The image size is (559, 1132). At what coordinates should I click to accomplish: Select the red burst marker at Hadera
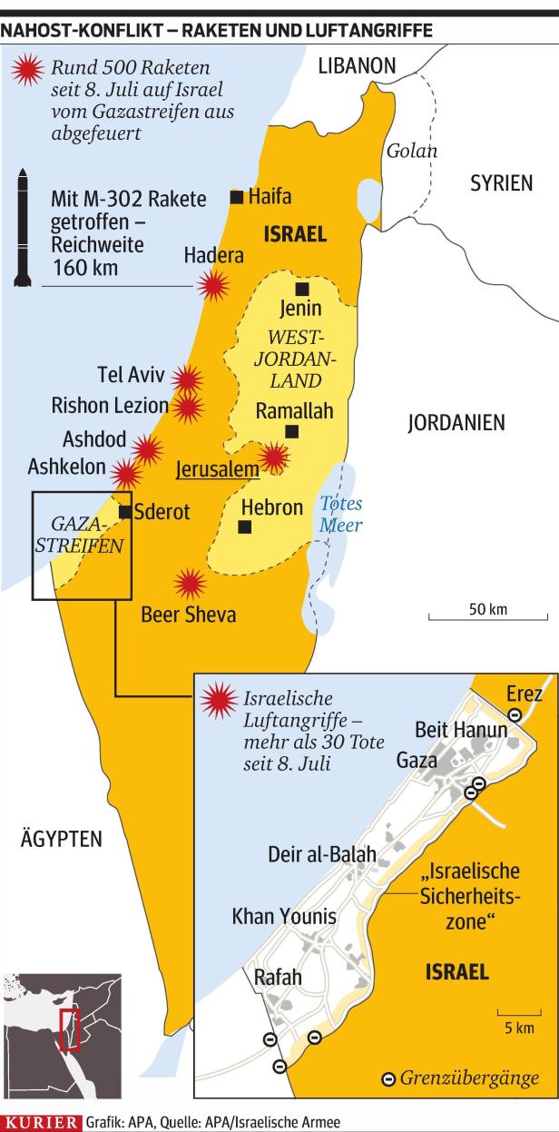tap(213, 287)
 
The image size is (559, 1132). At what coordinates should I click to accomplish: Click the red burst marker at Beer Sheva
tap(190, 584)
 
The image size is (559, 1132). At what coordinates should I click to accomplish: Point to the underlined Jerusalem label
tap(216, 470)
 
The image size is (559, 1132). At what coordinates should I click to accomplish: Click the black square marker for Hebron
tap(244, 527)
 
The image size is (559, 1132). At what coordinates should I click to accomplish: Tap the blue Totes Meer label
tap(340, 515)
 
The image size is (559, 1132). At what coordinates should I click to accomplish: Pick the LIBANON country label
tap(357, 66)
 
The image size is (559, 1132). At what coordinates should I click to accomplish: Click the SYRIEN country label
tap(500, 183)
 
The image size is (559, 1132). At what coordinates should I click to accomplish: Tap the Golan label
tap(411, 152)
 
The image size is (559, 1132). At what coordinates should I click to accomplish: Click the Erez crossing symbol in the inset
tap(514, 714)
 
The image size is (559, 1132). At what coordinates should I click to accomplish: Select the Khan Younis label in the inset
tap(284, 916)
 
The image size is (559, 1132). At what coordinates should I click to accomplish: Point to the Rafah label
tap(278, 978)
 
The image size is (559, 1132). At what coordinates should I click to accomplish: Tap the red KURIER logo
tap(41, 1123)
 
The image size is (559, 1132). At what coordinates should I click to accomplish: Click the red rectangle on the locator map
tap(67, 1030)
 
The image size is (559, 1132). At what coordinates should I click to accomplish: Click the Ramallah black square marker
tap(291, 431)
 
